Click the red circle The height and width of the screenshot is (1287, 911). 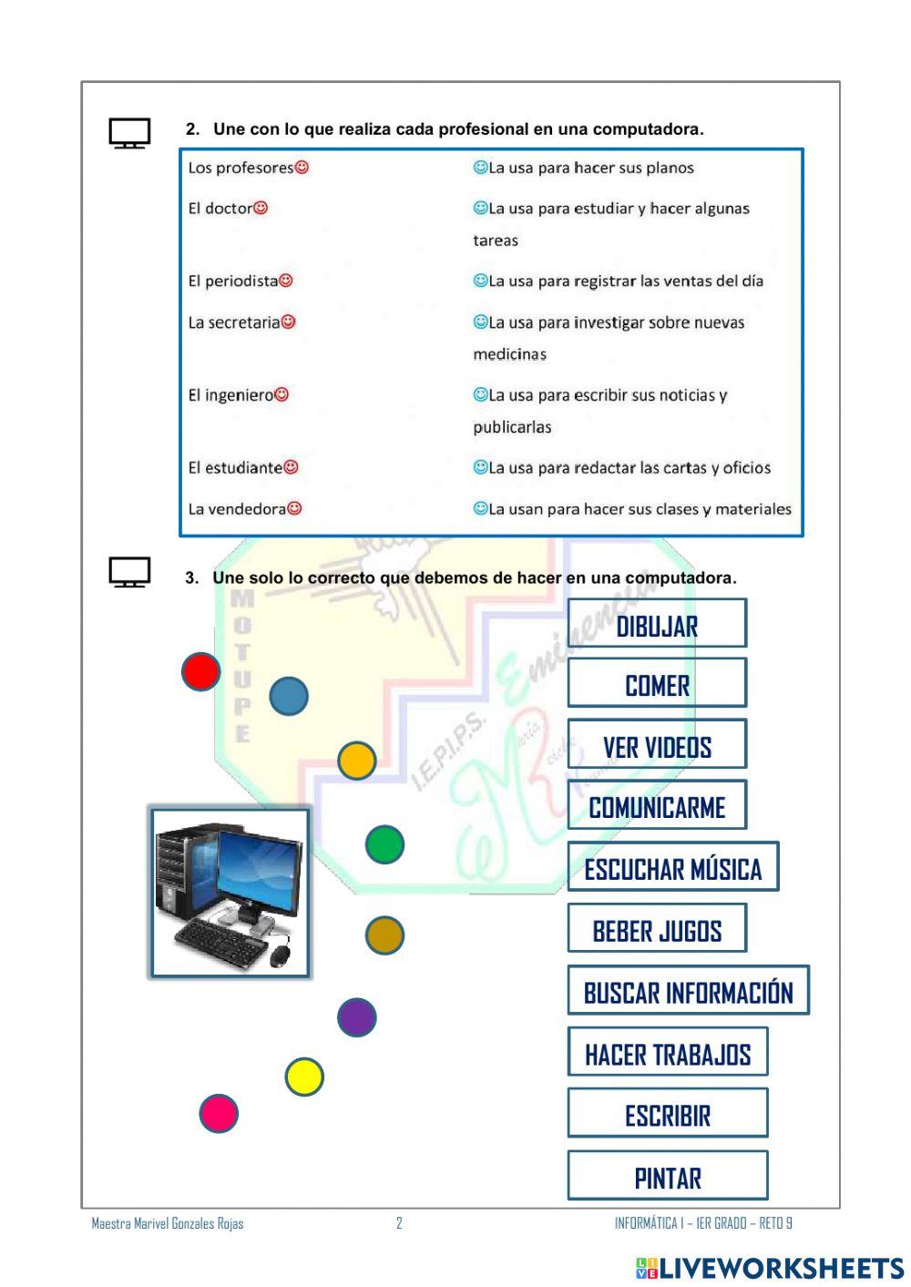point(200,672)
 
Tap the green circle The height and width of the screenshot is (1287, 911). point(384,844)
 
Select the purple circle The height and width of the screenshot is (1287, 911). point(356,1017)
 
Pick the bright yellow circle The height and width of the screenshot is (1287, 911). point(304,1078)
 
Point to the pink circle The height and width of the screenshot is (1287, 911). point(219,1113)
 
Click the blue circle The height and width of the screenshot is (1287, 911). point(289,696)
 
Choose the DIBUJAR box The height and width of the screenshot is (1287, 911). point(657,624)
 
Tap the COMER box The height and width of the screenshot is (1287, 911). point(657,683)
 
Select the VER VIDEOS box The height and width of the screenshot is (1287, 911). point(657,745)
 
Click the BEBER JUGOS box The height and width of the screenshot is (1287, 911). point(657,929)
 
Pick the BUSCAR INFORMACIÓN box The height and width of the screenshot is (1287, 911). point(688,991)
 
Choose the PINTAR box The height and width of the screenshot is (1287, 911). point(668,1176)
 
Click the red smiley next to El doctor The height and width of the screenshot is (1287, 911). point(261,208)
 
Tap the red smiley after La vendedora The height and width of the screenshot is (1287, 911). point(294,508)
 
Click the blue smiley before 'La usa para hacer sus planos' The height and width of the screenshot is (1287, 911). point(480,168)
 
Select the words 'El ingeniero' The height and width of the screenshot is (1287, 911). point(230,395)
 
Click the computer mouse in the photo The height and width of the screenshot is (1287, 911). point(280,955)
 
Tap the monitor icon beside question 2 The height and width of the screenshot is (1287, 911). point(129,133)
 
